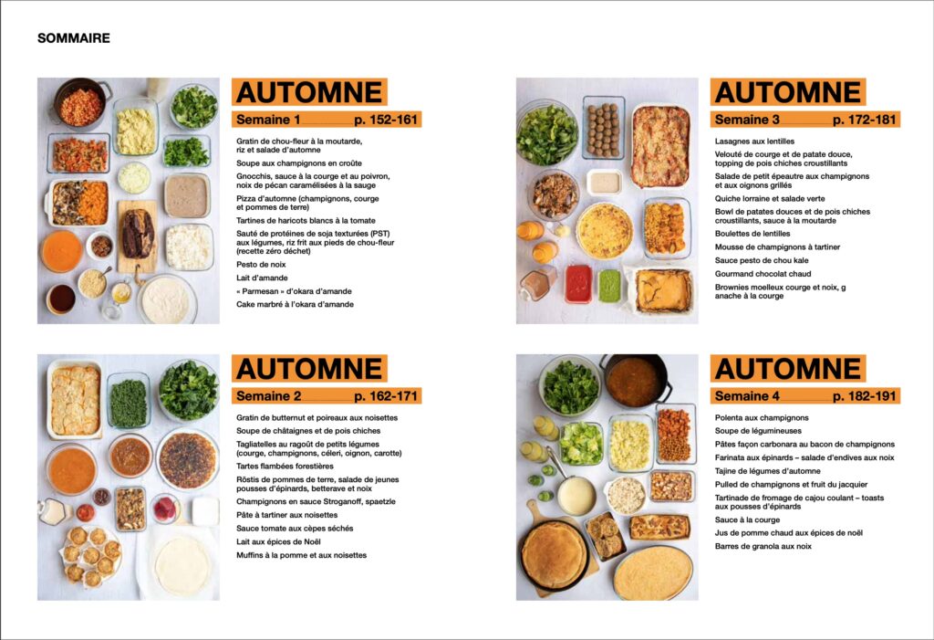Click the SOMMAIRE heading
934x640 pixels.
[73, 38]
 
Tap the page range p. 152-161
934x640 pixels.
[386, 120]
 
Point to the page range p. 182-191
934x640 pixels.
[865, 396]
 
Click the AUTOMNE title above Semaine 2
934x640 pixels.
[309, 368]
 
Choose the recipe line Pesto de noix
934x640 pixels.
[261, 264]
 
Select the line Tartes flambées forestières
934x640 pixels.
[285, 466]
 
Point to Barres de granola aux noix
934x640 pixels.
[763, 546]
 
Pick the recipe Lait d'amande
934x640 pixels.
[262, 278]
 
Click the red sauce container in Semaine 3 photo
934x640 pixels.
[578, 284]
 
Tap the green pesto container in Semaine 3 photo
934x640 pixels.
[609, 286]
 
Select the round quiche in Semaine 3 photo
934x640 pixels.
[605, 231]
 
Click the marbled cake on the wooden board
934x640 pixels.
[138, 233]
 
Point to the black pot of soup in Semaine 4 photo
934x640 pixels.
[635, 381]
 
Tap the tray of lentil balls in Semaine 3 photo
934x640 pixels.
[604, 128]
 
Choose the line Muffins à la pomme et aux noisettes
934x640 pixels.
[301, 555]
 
